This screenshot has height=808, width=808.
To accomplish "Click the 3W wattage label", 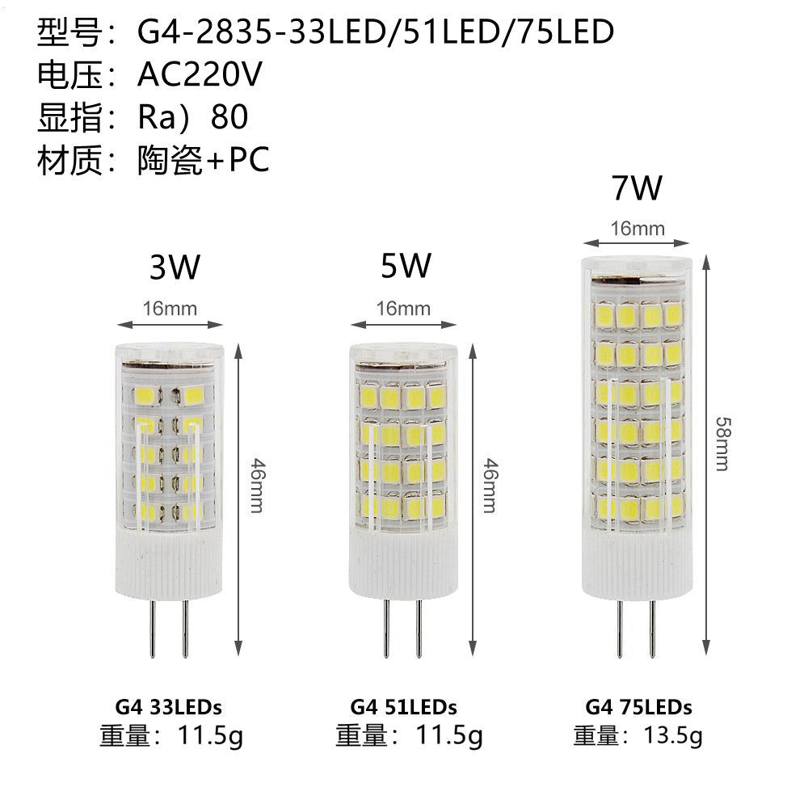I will [174, 267].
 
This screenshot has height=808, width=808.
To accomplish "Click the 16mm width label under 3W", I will [170, 308].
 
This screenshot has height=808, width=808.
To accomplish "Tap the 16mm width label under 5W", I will [404, 308].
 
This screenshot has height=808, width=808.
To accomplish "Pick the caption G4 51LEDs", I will [404, 708].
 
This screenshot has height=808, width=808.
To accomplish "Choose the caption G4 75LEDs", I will [638, 708].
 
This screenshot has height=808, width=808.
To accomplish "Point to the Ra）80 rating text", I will [192, 118].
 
